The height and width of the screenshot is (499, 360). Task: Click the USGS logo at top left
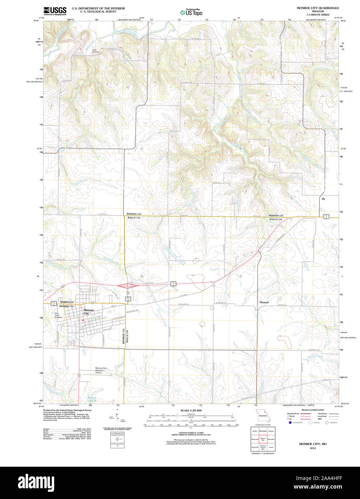click(55, 11)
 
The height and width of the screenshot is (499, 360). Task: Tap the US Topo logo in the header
click(191, 12)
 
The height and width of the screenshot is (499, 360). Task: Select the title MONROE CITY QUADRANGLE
click(318, 8)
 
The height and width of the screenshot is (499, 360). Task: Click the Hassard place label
click(264, 303)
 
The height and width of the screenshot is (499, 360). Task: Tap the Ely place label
click(323, 199)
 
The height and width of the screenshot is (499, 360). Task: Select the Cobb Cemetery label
click(95, 51)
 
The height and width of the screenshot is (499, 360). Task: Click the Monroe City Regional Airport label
click(101, 370)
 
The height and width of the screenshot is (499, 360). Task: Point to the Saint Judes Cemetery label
click(58, 315)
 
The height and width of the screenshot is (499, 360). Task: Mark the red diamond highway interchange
click(127, 286)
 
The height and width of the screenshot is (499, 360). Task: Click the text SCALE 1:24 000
click(191, 410)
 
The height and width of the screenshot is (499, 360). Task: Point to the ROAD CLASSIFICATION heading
click(313, 410)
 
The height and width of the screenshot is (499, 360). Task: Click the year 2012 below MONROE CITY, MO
click(313, 448)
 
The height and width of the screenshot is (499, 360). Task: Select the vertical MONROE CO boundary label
click(123, 336)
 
